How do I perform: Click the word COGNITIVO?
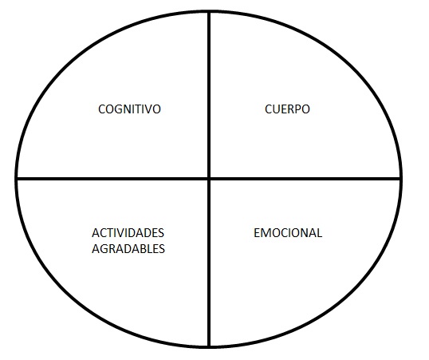point(129,109)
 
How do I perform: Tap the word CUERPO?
point(287,109)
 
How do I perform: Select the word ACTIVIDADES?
point(128,233)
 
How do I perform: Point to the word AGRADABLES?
point(128,249)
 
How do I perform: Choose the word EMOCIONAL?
point(288,233)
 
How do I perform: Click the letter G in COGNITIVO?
point(116,109)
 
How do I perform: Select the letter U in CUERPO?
point(277,109)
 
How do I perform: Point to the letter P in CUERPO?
point(297,109)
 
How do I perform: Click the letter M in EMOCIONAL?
point(266,233)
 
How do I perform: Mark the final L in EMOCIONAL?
point(319,233)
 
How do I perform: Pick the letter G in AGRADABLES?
point(104,249)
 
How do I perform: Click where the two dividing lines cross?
point(209,179)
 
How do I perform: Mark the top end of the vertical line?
point(209,11)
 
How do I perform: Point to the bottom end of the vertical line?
point(209,347)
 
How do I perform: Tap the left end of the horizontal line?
point(17,179)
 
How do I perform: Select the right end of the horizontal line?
point(401,179)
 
